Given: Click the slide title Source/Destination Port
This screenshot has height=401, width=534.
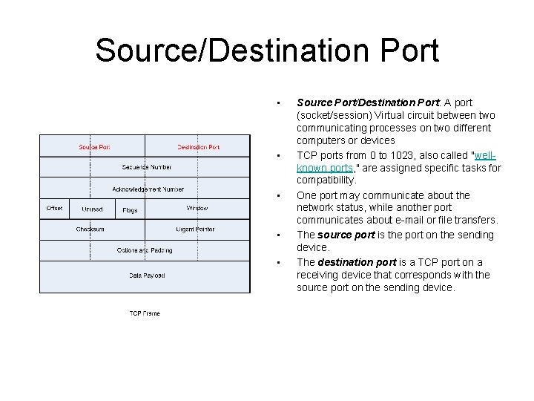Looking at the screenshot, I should (267, 50).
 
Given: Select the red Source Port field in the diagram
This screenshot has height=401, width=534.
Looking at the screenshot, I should (94, 147).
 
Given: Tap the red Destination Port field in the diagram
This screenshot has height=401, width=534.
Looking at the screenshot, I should (198, 147).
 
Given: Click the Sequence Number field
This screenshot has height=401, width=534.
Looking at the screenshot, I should (147, 167).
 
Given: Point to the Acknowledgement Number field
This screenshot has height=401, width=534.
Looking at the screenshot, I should (148, 189).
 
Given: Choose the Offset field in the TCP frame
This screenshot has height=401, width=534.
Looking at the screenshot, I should (54, 209).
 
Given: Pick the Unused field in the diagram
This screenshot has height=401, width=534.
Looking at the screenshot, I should (93, 209).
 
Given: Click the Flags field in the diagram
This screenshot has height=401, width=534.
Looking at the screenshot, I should (130, 210).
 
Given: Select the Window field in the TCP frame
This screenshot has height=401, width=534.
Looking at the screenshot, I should (197, 209).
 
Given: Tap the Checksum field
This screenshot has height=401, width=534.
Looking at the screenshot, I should (90, 229).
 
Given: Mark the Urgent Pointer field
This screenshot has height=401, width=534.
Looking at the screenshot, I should (195, 229).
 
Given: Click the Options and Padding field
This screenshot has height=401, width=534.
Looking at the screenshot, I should (145, 250).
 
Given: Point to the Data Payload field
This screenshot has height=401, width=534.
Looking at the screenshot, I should (147, 276).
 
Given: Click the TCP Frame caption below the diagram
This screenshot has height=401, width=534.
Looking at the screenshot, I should (145, 313).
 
